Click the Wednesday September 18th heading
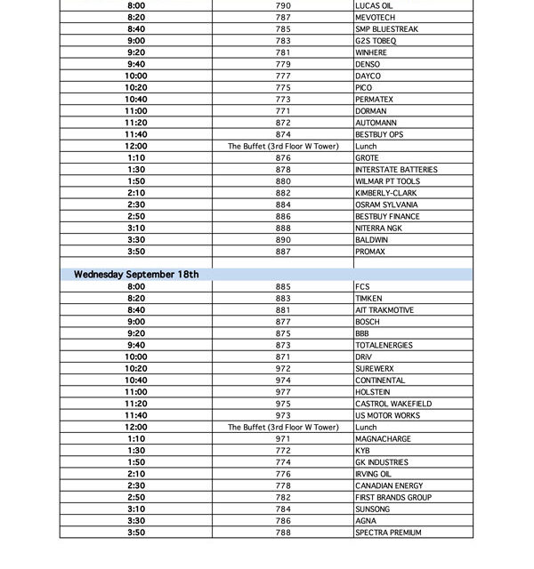point(136,275)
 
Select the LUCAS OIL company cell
point(374,6)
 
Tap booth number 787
point(283,18)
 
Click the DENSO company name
point(368,65)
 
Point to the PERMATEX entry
point(374,100)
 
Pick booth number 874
point(283,135)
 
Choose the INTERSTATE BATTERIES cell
point(396,170)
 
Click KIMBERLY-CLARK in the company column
point(385,193)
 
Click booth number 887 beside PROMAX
point(283,252)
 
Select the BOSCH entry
point(367,322)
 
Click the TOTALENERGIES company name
point(384,345)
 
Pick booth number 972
point(283,369)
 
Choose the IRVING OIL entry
point(373,474)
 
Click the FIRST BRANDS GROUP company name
point(393,498)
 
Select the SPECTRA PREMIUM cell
point(388,533)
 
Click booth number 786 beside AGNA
point(283,521)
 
